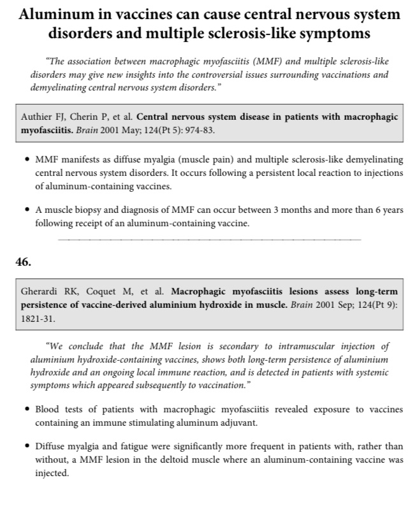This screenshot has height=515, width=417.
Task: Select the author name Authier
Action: [x=38, y=117]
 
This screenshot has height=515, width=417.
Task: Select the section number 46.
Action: [x=23, y=261]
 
